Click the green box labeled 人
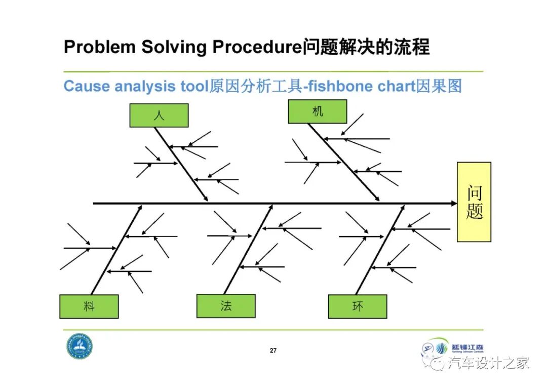point(159,115)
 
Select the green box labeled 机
point(318,111)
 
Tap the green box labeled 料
point(89,306)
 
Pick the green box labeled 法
point(226,306)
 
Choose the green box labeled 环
point(358,306)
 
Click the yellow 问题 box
point(474,202)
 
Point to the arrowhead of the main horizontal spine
point(454,204)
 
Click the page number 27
point(273,351)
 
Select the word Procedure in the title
point(257,47)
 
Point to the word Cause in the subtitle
point(87,86)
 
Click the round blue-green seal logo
point(79,347)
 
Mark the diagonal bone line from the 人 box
point(181,163)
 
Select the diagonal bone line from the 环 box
point(380,249)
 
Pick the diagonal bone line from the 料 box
point(116,249)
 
